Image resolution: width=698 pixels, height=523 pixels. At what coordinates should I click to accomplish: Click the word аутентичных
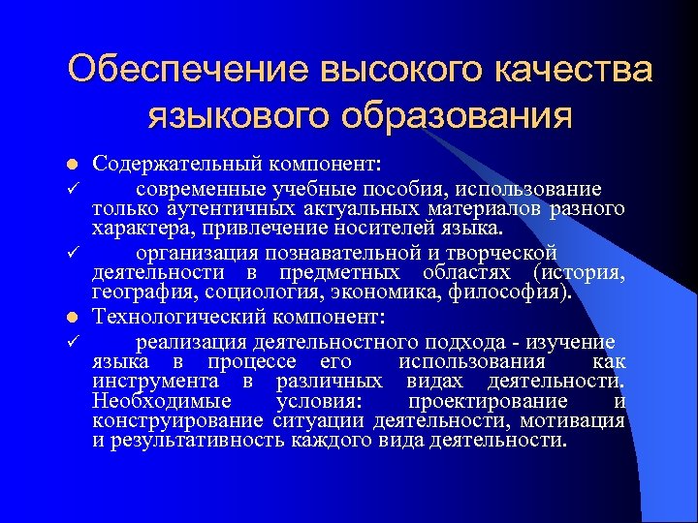(x=206, y=210)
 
